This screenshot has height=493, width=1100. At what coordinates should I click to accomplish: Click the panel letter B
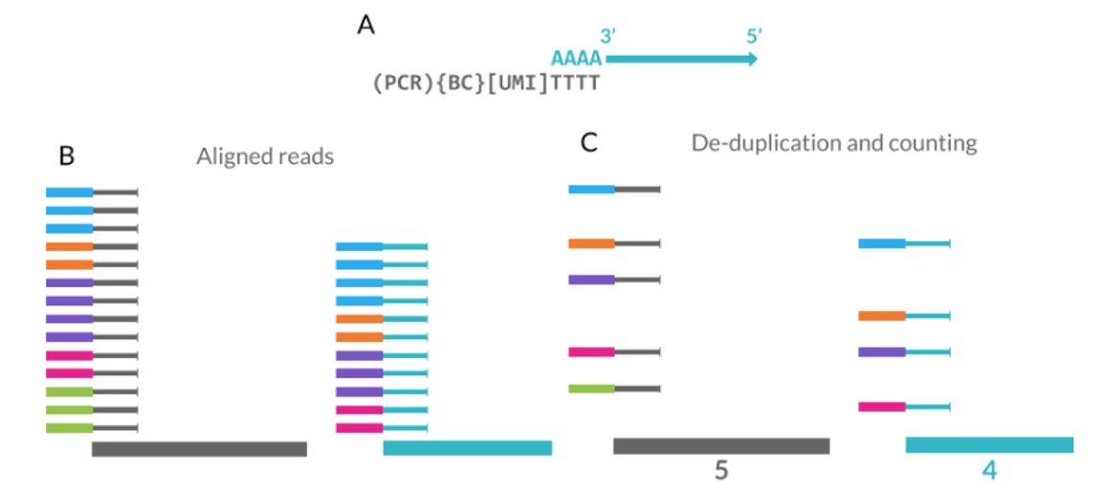[67, 154]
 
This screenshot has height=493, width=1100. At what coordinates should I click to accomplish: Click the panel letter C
[589, 144]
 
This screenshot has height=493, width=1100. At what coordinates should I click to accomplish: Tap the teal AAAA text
[576, 59]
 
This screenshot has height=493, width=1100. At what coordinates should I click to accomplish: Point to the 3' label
[607, 36]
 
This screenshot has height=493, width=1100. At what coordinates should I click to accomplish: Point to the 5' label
[754, 36]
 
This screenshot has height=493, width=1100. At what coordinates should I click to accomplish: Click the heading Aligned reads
[265, 156]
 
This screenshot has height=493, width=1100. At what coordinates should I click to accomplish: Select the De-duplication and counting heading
[834, 144]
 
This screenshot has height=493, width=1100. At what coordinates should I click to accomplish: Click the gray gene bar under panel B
[199, 449]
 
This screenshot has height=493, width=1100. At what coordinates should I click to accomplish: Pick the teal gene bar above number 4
[989, 445]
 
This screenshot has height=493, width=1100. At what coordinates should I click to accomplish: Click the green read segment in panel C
[591, 389]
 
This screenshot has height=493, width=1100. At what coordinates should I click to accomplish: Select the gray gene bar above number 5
[721, 446]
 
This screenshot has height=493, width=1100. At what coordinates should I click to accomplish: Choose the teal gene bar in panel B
[467, 448]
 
